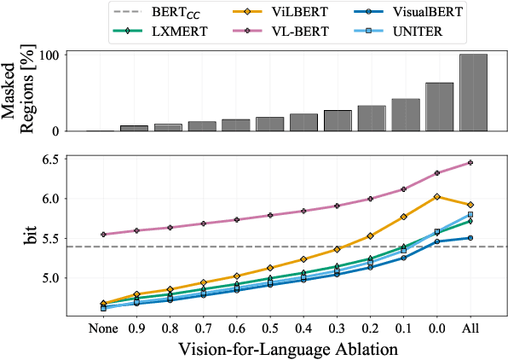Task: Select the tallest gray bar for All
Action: (x=473, y=92)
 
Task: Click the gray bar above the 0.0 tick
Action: (x=439, y=107)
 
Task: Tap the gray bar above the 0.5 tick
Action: (x=269, y=124)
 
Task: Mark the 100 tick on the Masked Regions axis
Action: (x=66, y=55)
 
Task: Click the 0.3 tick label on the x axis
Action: (x=338, y=328)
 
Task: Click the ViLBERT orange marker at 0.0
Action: (x=437, y=197)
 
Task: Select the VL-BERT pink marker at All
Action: (x=471, y=162)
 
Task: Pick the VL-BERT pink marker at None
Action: (x=102, y=235)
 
